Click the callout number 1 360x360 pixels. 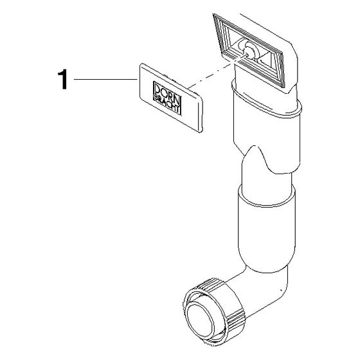pos(63,80)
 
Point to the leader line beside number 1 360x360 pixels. pos(105,79)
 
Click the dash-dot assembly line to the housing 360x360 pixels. pos(217,71)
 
